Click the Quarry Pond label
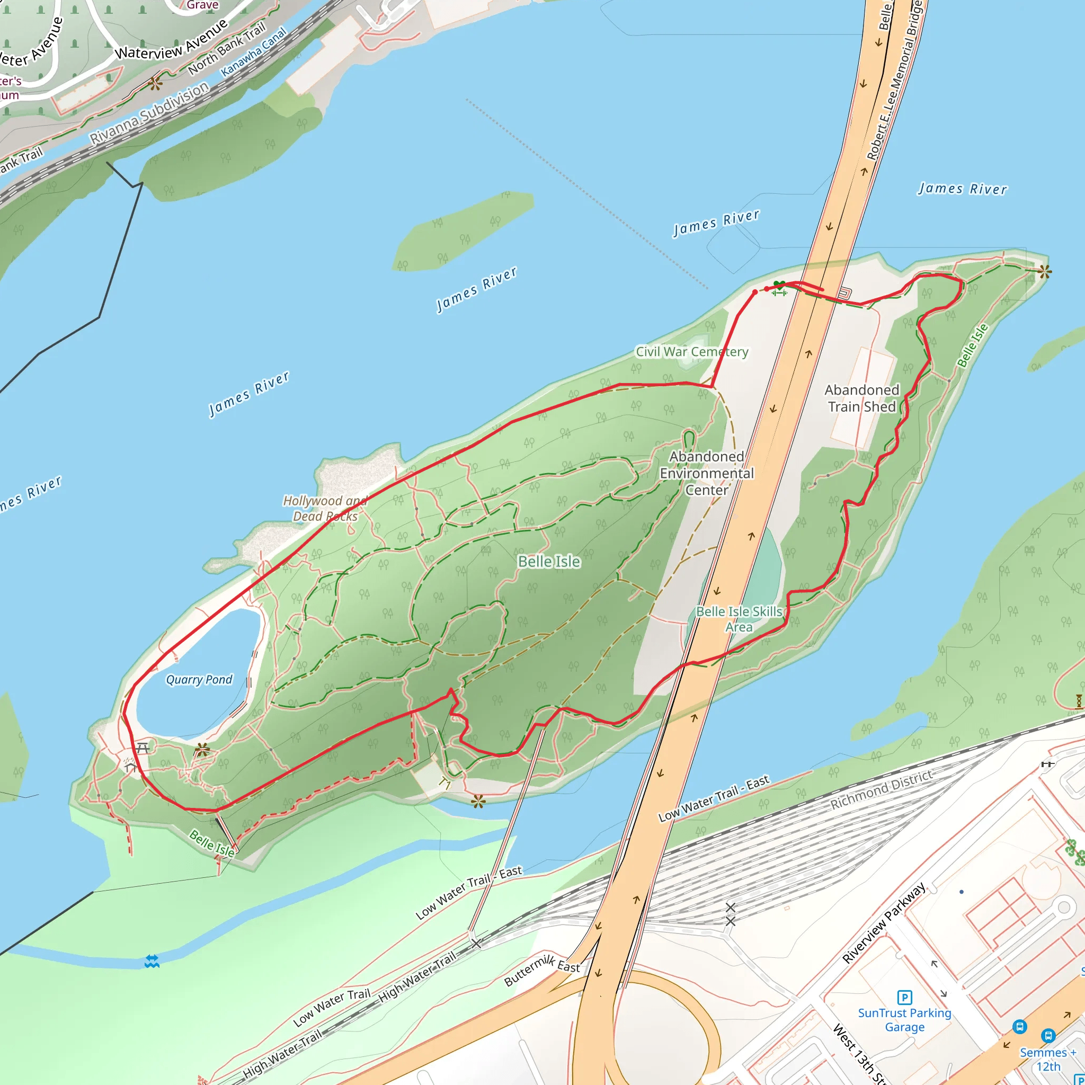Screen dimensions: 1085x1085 [x=199, y=680]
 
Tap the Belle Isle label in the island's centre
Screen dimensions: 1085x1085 [x=549, y=562]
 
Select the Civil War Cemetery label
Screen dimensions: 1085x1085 [x=691, y=352]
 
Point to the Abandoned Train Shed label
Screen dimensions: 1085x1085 [x=861, y=398]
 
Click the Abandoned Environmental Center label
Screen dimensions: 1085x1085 [x=707, y=473]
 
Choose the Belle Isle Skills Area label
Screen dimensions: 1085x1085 [x=739, y=619]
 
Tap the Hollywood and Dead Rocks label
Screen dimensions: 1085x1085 [x=325, y=508]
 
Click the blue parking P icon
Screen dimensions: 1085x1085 [x=904, y=998]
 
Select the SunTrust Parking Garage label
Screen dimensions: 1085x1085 [x=904, y=1020]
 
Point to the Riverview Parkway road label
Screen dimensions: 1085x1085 [x=883, y=923]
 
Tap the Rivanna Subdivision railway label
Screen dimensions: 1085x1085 [x=149, y=113]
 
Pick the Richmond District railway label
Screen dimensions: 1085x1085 [x=881, y=789]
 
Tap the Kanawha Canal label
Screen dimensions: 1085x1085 [x=253, y=52]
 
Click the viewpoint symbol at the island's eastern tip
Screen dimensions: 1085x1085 [x=1045, y=272]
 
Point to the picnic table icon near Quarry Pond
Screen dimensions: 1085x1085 [x=143, y=748]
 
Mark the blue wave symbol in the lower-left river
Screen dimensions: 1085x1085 [x=152, y=962]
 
